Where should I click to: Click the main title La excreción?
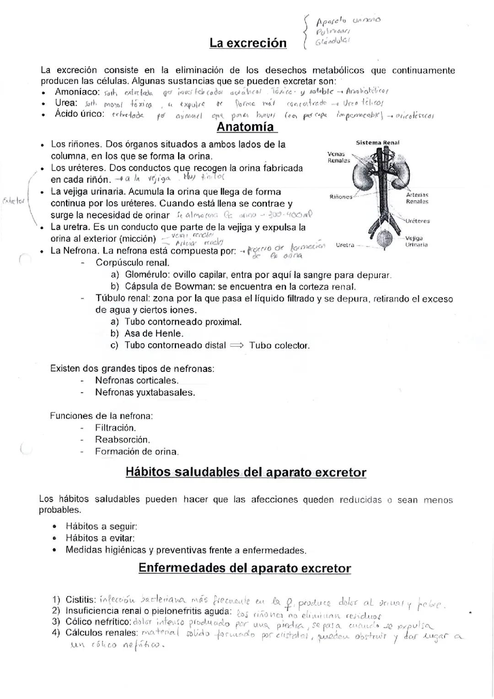248,43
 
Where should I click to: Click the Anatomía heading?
245,127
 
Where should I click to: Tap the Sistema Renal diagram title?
377,143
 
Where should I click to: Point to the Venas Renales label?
338,157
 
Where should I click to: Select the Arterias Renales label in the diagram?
417,198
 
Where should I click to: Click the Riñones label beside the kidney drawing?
341,197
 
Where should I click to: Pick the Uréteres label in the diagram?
417,221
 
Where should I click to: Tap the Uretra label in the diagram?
345,245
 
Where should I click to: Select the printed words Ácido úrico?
80,114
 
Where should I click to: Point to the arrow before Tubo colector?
237,346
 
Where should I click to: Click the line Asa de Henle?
154,333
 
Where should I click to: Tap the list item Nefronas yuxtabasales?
145,393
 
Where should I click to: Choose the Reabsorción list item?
123,440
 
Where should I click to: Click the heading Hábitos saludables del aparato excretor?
246,473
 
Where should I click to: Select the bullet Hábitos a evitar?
100,538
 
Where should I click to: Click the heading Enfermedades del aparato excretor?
245,568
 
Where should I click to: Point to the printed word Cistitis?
81,599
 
